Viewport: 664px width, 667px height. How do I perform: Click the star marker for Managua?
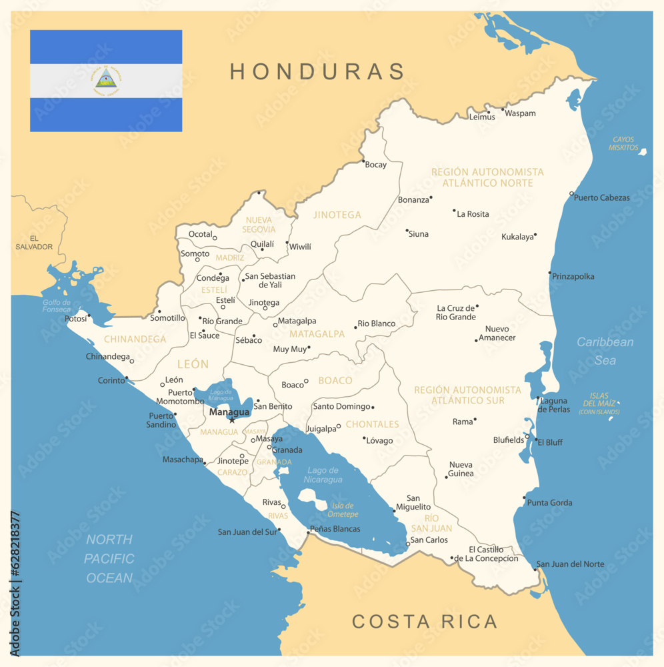pyautogui.click(x=232, y=420)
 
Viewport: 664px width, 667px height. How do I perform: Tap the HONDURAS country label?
pyautogui.click(x=317, y=71)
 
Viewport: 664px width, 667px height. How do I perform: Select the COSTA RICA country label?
pyautogui.click(x=425, y=622)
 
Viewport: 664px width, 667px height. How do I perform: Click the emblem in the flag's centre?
pyautogui.click(x=106, y=81)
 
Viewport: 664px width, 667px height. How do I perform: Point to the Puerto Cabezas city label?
pyautogui.click(x=602, y=197)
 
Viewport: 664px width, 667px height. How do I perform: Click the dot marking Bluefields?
pyautogui.click(x=527, y=436)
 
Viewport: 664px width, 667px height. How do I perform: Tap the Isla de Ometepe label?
pyautogui.click(x=343, y=510)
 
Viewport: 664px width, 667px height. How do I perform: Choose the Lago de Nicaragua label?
pyautogui.click(x=324, y=475)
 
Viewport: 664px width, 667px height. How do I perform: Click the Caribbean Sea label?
pyautogui.click(x=605, y=351)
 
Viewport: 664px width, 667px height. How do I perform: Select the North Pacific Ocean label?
pyautogui.click(x=109, y=558)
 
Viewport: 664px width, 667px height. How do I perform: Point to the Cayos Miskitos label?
pyautogui.click(x=623, y=143)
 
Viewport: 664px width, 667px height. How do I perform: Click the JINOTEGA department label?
pyautogui.click(x=337, y=215)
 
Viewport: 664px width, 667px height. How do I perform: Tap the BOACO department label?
pyautogui.click(x=335, y=380)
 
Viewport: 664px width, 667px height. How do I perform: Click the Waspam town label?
pyautogui.click(x=520, y=113)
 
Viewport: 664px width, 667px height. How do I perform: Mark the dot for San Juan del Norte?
pyautogui.click(x=535, y=569)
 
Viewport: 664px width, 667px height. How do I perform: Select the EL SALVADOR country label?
pyautogui.click(x=34, y=242)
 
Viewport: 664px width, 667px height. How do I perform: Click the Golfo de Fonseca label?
pyautogui.click(x=57, y=305)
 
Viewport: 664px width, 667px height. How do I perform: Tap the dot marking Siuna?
pyautogui.click(x=407, y=231)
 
